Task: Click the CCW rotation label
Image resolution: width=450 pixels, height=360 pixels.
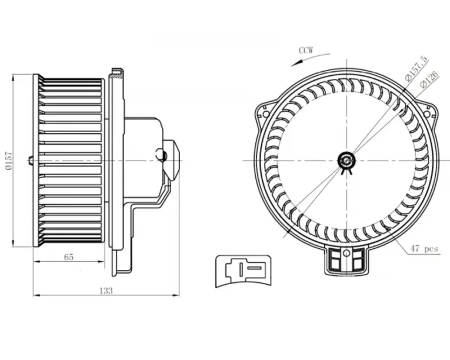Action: click(x=306, y=50)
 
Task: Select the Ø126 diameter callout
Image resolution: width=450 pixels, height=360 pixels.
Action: click(x=429, y=81)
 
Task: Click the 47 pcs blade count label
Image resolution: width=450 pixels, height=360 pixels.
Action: click(x=425, y=249)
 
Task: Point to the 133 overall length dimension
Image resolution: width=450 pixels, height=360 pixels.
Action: click(x=106, y=290)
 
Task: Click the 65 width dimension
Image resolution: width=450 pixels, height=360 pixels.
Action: click(x=69, y=257)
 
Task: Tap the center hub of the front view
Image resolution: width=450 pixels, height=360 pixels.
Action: click(x=347, y=159)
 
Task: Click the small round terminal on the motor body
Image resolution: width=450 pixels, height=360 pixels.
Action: click(x=163, y=155)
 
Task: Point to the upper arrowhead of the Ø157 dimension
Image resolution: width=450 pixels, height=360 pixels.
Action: click(x=14, y=77)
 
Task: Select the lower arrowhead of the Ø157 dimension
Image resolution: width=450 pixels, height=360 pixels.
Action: click(x=14, y=243)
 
